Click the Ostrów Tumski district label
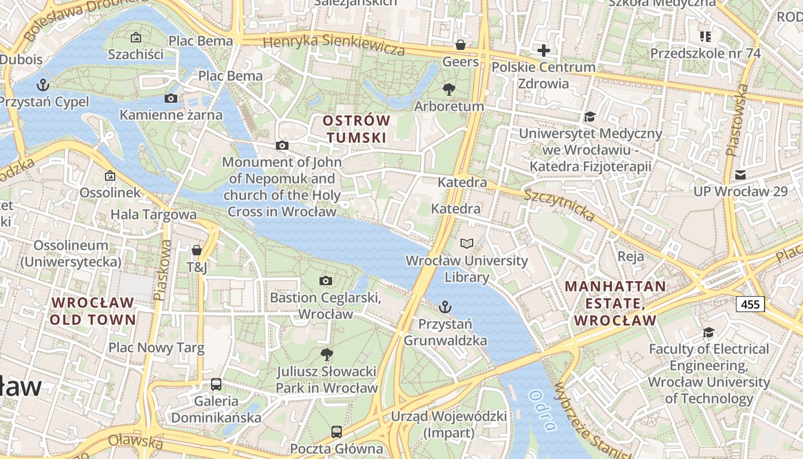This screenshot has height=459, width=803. [x=356, y=129]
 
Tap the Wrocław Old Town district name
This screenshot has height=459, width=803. [x=92, y=311]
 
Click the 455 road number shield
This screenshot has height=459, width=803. [x=750, y=304]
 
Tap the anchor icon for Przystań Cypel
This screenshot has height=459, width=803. [x=43, y=85]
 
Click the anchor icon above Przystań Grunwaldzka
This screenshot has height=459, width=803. [x=445, y=308]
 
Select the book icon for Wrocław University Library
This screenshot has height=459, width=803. [x=467, y=244]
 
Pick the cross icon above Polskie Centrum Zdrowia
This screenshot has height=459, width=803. [x=543, y=50]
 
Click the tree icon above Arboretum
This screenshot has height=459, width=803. [x=449, y=90]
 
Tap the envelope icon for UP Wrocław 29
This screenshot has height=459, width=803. [x=740, y=175]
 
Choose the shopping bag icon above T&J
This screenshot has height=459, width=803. [x=196, y=250]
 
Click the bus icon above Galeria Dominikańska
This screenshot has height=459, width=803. [x=216, y=384]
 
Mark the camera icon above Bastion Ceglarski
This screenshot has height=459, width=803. [x=326, y=281]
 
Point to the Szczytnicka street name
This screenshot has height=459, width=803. [x=559, y=204]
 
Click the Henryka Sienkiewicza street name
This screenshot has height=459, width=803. [x=334, y=45]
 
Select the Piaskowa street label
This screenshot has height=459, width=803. [x=163, y=270]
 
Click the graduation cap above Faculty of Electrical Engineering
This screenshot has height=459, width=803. [x=709, y=333]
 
